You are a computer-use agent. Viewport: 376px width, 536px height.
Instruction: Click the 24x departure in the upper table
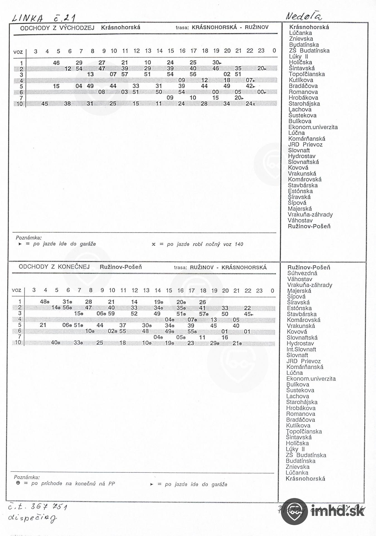pyautogui.click(x=250, y=104)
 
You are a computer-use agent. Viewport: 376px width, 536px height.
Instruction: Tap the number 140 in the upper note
pyautogui.click(x=239, y=244)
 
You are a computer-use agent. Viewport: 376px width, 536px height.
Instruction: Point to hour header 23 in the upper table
pyautogui.click(x=261, y=51)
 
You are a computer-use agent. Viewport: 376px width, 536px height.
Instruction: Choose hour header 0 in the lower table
pyautogui.click(x=272, y=290)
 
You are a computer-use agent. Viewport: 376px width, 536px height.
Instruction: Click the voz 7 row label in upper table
pyautogui.click(x=21, y=98)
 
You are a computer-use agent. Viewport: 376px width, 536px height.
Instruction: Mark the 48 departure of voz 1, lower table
pyautogui.click(x=43, y=302)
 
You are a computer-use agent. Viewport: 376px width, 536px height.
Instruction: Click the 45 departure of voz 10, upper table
pyautogui.click(x=45, y=104)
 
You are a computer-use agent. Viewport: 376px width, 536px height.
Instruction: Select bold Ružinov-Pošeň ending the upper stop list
pyautogui.click(x=309, y=226)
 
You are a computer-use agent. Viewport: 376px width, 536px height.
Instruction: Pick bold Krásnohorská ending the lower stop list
pyautogui.click(x=305, y=478)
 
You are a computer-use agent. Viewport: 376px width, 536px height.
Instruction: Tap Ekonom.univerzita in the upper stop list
pyautogui.click(x=313, y=127)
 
